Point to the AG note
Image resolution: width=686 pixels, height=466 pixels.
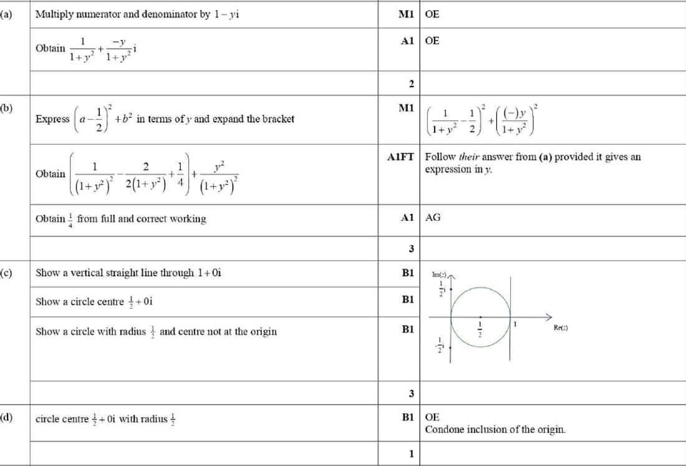pos(432,218)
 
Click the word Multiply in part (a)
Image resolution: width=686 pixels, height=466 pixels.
pos(53,14)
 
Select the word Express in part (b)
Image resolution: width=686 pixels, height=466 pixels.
pos(52,119)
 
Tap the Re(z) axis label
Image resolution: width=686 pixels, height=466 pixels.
pos(561,328)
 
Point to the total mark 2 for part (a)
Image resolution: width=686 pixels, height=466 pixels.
pos(411,84)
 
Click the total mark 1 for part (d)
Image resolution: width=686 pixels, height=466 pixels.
pos(411,454)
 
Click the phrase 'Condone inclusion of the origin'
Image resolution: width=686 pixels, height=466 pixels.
pos(496,430)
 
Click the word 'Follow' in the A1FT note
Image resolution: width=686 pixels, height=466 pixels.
pos(439,157)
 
